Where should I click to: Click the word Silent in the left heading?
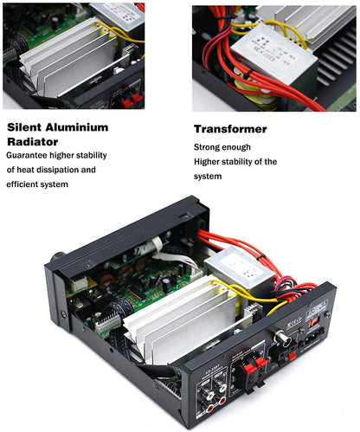click(x=27, y=127)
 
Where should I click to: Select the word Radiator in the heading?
click(x=32, y=141)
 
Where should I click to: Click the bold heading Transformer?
click(x=231, y=129)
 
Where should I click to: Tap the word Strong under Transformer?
click(x=209, y=146)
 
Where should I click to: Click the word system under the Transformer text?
click(x=209, y=177)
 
